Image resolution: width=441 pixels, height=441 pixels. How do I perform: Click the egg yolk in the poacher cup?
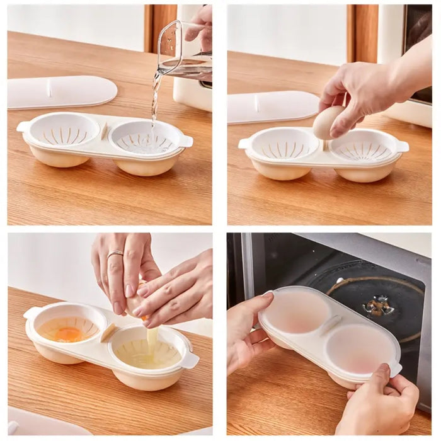(x=68, y=333)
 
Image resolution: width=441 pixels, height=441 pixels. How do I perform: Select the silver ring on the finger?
(x=115, y=255)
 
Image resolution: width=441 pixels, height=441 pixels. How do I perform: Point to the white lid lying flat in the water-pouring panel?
(x=61, y=92)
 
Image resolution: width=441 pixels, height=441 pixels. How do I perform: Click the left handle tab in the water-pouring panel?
(x=22, y=127)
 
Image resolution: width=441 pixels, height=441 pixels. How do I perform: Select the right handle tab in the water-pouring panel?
(x=186, y=141)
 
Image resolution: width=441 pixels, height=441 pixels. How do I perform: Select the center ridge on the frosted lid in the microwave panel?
(x=326, y=325)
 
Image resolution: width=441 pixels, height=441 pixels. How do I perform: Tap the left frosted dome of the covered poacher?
(x=295, y=311)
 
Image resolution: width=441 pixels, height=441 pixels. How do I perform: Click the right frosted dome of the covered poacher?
(x=357, y=348)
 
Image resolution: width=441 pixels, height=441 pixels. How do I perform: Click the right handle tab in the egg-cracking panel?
(x=190, y=360)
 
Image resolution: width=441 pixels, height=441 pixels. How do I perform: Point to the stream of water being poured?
(x=154, y=101)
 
